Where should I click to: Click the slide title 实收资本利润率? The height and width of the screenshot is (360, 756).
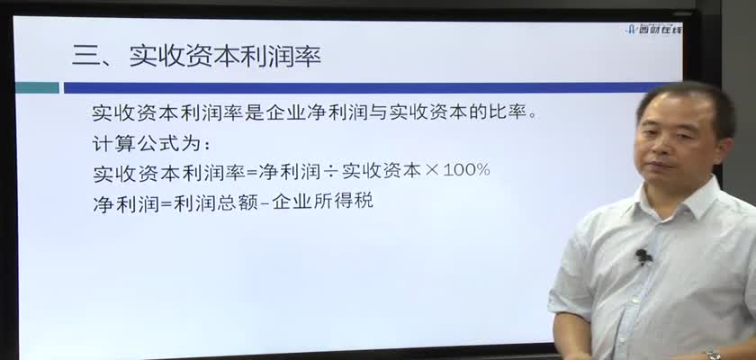(x=225, y=57)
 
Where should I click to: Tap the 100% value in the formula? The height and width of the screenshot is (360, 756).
(x=466, y=170)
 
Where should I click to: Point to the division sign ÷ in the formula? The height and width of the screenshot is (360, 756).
(x=331, y=171)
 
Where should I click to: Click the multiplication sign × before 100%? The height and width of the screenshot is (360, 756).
(x=431, y=171)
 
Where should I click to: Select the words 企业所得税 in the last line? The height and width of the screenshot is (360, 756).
(x=322, y=202)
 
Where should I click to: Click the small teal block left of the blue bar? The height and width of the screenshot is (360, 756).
(x=37, y=87)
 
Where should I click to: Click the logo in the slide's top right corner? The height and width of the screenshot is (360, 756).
(x=654, y=29)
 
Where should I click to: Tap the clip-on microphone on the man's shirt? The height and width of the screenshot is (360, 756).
(x=643, y=256)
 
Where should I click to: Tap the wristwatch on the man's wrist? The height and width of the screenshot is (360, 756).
(x=713, y=355)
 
